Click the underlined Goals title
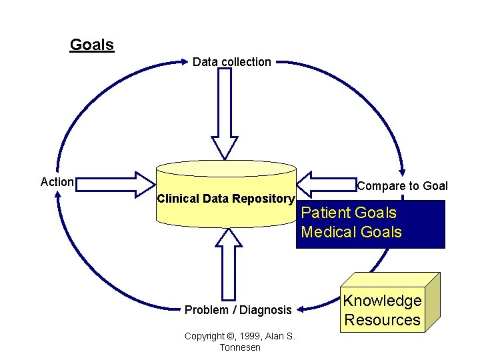[x=92, y=45]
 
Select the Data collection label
[x=231, y=62]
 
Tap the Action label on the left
[x=57, y=182]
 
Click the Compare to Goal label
[x=402, y=186]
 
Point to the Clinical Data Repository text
[x=225, y=199]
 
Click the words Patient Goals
[x=349, y=213]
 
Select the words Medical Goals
[x=351, y=232]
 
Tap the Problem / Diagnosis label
[x=238, y=310]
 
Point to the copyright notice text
[x=239, y=342]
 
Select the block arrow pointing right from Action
[x=117, y=184]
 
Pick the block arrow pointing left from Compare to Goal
[x=327, y=183]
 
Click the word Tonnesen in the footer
[x=239, y=348]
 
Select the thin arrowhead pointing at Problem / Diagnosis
[x=299, y=309]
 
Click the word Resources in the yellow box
[x=382, y=320]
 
